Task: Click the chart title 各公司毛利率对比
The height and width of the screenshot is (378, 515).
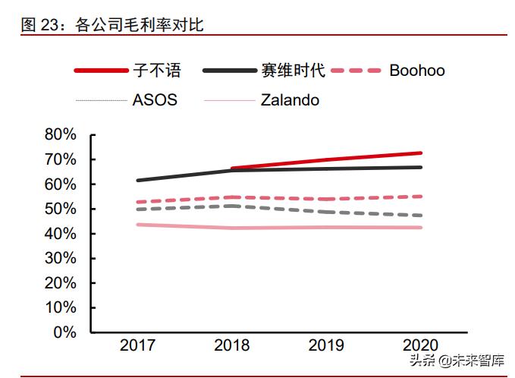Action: pos(140,25)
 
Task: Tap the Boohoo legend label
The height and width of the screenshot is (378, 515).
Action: pos(416,71)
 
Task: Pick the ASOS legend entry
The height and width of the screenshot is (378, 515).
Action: pos(155,99)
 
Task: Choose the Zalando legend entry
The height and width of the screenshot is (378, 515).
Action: pos(289,99)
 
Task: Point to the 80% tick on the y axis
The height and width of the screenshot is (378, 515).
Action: pos(61,135)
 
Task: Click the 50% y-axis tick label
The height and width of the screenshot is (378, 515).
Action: pos(61,209)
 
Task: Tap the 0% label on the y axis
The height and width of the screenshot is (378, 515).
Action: pos(66,332)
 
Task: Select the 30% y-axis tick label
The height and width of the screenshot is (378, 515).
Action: pos(61,258)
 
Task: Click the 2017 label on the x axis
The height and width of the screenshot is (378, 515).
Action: pos(137,346)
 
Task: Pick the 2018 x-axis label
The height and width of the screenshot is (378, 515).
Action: pos(232,346)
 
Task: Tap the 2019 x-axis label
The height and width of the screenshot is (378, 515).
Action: pos(327,346)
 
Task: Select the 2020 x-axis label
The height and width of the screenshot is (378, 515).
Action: pos(422,346)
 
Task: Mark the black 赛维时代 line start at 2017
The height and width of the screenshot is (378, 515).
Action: pos(138,180)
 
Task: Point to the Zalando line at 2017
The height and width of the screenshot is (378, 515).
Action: pos(138,225)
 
